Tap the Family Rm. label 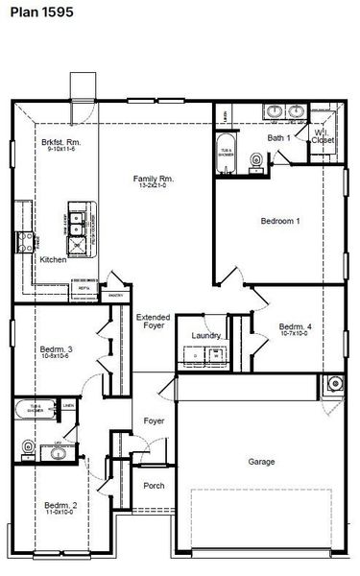pos(153,178)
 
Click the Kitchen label pos(53,259)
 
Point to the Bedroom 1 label pos(280,221)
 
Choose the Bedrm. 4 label pos(295,327)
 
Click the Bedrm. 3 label pos(57,348)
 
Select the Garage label pos(261,462)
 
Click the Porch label pos(154,486)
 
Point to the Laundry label pos(206,335)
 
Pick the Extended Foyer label pos(154,321)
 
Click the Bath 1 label pos(279,138)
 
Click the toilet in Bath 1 pos(254,159)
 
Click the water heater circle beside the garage pos(333,385)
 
